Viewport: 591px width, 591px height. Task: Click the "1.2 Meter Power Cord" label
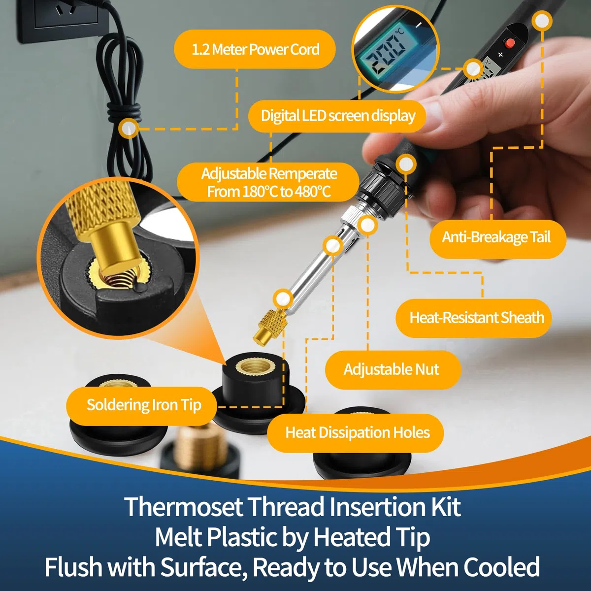[x=255, y=49]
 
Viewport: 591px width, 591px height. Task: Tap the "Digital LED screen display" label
[x=337, y=116]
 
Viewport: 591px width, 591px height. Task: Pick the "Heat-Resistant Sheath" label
[x=474, y=318]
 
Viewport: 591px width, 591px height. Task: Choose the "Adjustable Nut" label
[x=393, y=369]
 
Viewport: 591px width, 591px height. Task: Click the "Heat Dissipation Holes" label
[x=356, y=433]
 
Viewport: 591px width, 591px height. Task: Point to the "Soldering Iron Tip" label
[x=142, y=405]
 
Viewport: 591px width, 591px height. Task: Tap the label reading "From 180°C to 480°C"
[x=269, y=192]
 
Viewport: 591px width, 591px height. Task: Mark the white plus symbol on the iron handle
[x=500, y=55]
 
